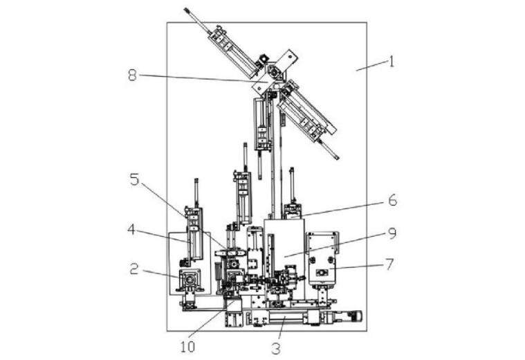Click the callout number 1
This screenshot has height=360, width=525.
(391, 62)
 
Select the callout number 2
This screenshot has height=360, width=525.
(134, 269)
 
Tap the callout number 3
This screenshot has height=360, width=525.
(276, 349)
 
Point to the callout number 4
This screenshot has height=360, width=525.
(131, 230)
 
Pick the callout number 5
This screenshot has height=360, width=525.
(134, 180)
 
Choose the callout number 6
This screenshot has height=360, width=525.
(393, 201)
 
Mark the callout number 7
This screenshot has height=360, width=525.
(389, 264)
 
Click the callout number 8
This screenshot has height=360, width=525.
(133, 75)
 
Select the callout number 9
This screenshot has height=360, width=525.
(392, 233)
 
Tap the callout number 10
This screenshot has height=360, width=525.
(187, 348)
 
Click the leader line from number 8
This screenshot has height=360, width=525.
(203, 78)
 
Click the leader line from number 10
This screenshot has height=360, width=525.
(212, 319)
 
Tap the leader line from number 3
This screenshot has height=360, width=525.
(282, 328)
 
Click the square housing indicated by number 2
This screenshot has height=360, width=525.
(190, 279)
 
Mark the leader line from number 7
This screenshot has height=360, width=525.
(356, 267)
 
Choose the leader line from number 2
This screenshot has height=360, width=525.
(162, 273)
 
